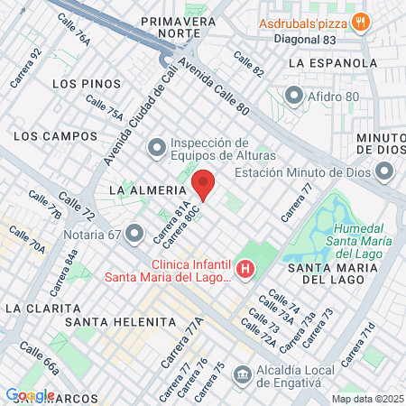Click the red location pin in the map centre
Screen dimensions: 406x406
(204, 185)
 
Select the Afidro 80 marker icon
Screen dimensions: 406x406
(293, 95)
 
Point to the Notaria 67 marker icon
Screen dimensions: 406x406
(135, 235)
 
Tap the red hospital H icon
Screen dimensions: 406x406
(245, 269)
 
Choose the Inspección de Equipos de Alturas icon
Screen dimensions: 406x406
(156, 145)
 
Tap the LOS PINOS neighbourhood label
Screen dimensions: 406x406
(87, 83)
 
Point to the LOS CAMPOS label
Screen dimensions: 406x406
(56, 136)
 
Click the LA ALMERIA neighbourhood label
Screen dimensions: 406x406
(146, 191)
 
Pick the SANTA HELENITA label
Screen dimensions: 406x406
(120, 322)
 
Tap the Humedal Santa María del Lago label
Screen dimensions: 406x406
(360, 236)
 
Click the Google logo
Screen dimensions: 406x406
(30, 395)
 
